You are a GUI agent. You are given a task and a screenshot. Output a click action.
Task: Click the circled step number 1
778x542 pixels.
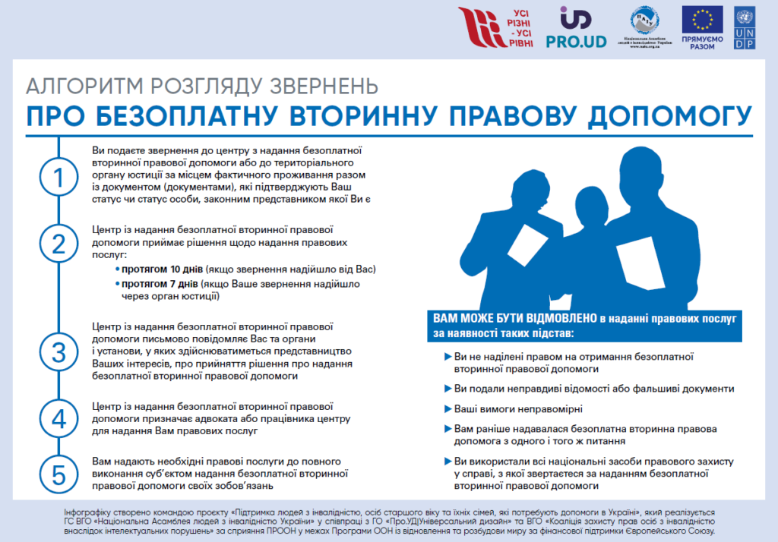[59, 178]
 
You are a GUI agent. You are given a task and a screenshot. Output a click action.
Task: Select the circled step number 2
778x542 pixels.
[59, 244]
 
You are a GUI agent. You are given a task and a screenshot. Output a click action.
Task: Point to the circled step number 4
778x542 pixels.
[59, 418]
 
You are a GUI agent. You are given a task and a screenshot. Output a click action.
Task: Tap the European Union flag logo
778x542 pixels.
[702, 21]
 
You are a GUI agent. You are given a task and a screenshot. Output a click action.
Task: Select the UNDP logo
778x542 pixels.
[745, 29]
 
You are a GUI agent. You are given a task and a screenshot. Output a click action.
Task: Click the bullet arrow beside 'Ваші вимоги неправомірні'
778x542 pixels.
[445, 409]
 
